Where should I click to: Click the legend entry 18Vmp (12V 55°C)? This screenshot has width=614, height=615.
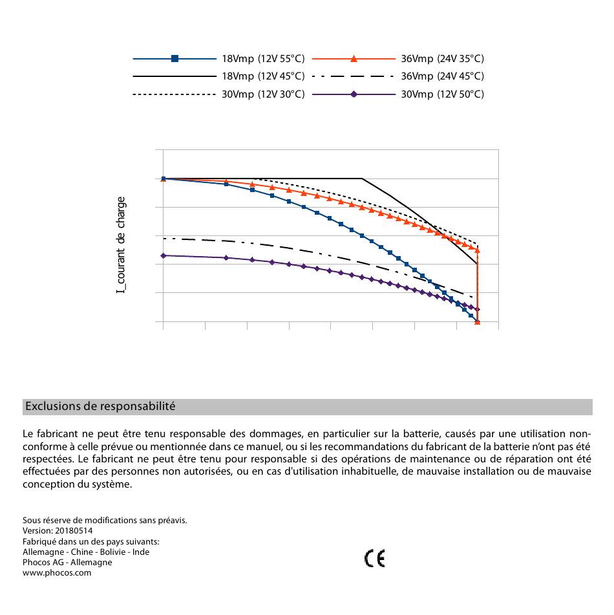263,59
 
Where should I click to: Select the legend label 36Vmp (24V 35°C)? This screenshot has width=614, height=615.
442,59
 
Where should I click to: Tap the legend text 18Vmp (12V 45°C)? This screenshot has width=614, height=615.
263,76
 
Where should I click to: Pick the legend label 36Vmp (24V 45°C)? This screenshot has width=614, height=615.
442,76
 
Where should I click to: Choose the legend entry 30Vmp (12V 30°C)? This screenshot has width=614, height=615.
263,94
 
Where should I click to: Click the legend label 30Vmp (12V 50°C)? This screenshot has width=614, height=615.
442,94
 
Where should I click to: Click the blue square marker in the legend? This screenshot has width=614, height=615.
175,59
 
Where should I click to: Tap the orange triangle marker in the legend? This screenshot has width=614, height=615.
354,59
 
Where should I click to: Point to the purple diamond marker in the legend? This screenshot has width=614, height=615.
354,94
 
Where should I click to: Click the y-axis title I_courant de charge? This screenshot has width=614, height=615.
121,245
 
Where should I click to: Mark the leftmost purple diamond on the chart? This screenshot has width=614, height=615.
164,255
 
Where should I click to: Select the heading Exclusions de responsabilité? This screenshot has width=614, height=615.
100,406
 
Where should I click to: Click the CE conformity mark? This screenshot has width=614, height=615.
375,559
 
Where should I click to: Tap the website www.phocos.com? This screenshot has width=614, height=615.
57,572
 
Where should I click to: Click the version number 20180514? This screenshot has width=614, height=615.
74,531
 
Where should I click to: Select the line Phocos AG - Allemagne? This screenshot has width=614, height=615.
67,563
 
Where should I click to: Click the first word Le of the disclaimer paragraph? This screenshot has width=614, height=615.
28,434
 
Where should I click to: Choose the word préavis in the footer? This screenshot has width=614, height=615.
173,521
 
